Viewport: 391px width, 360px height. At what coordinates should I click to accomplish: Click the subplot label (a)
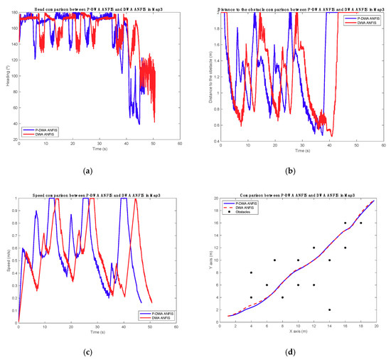[97, 171]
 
